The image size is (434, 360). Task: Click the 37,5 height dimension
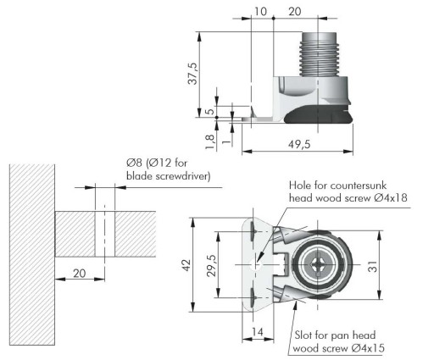point(193,74)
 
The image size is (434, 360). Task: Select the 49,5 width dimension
point(299,144)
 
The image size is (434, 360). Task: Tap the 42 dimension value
point(186,265)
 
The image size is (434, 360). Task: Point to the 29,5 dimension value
point(212,265)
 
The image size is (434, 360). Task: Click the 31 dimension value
point(373,267)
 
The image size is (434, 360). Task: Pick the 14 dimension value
point(258,332)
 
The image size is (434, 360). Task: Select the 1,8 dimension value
point(210,141)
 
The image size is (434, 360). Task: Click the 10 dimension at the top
point(260,12)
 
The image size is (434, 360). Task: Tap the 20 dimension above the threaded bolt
point(295,12)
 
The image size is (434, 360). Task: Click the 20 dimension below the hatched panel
point(80,274)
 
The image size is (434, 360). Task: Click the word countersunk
point(358,186)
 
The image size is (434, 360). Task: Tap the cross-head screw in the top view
point(318,265)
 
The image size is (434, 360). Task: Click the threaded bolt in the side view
point(319,54)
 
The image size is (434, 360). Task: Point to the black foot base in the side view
point(319,114)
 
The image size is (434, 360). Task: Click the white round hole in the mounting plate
point(256,265)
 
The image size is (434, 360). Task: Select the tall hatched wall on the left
point(32,254)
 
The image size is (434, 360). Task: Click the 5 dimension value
point(210,111)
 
